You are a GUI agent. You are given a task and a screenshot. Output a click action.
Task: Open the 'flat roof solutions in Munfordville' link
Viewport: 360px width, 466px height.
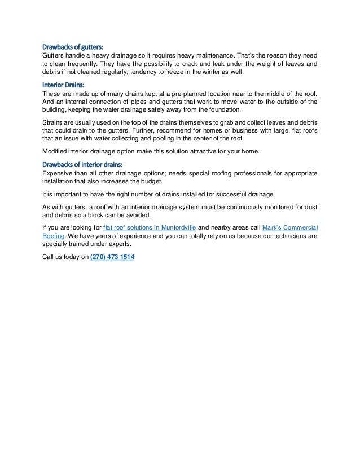pyautogui.click(x=148, y=227)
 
